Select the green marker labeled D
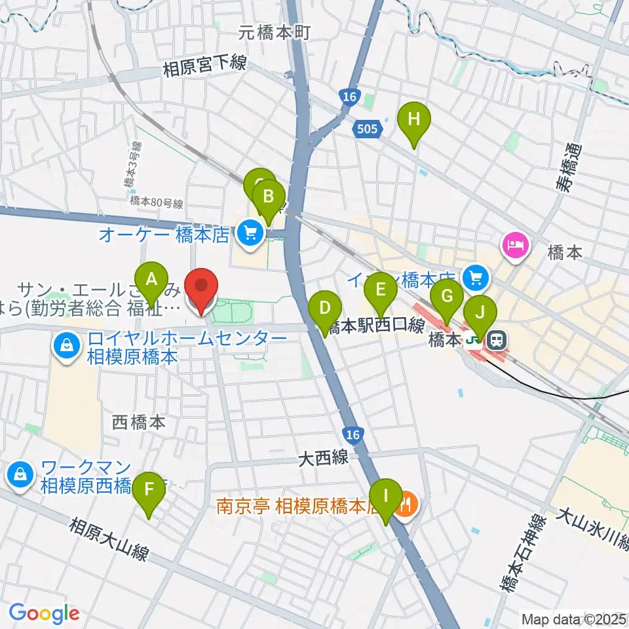(325, 309)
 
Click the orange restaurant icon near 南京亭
(406, 505)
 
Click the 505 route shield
(367, 128)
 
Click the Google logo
(44, 613)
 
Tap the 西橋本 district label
(139, 423)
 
